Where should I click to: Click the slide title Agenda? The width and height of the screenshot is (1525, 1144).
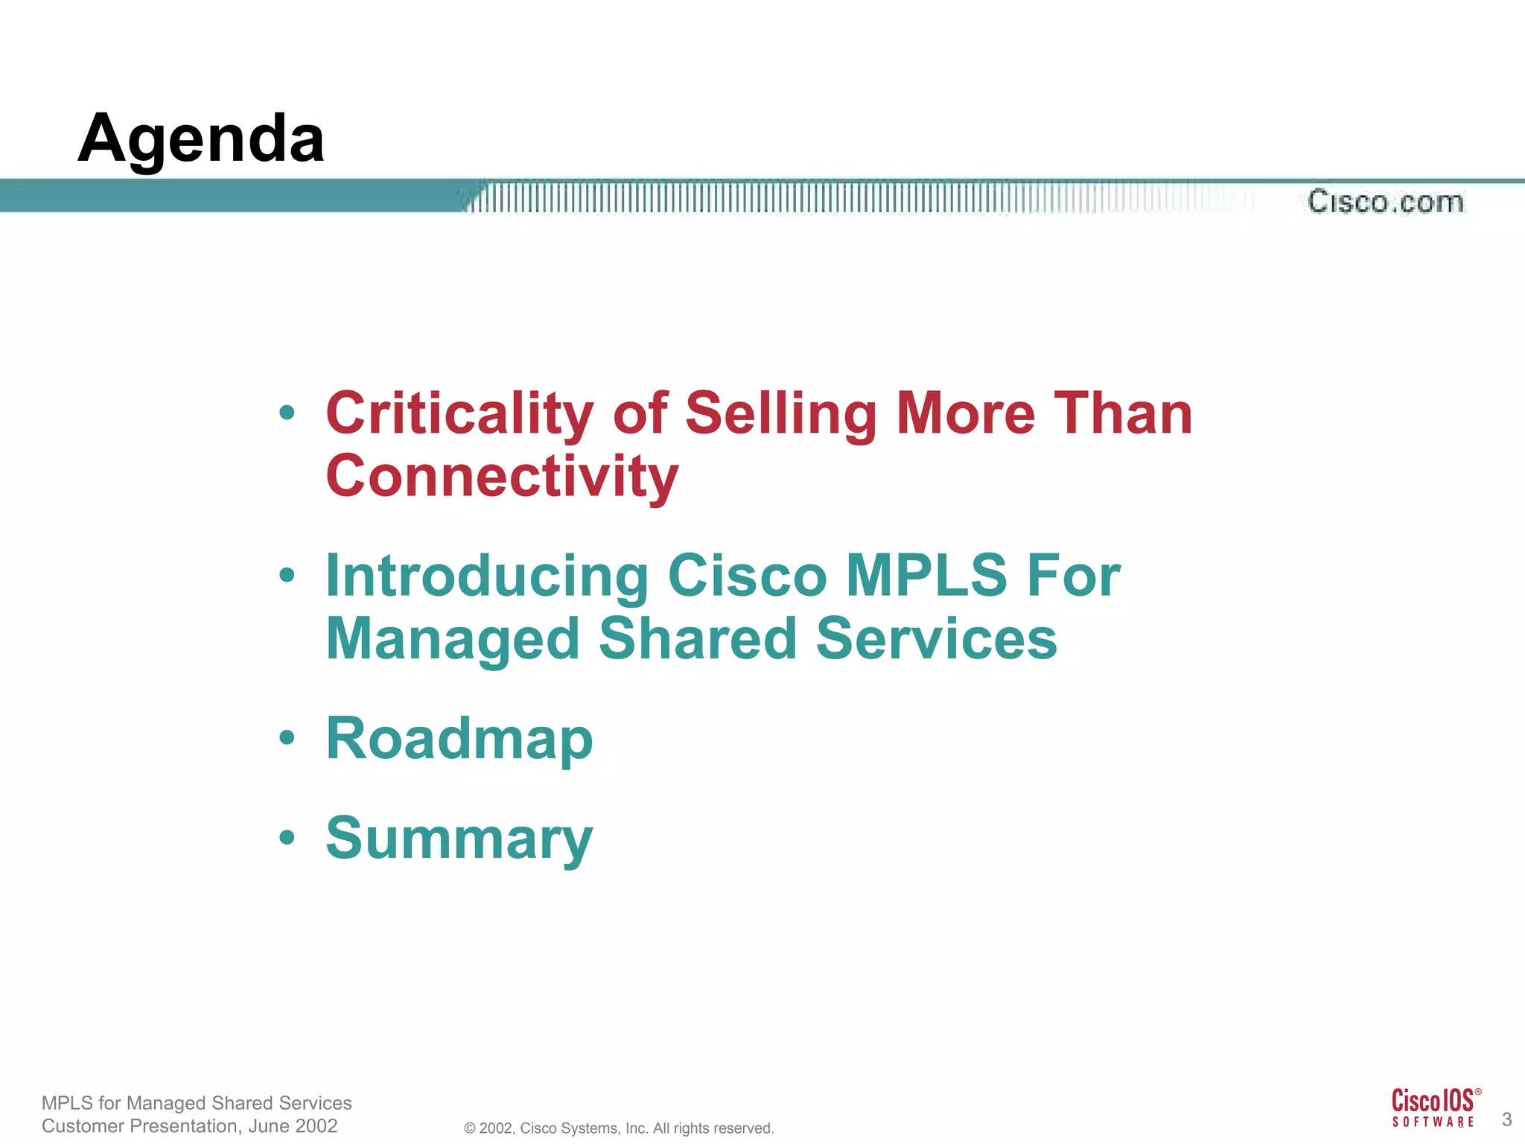pos(201,139)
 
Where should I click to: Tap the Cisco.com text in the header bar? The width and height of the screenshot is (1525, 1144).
pos(1386,202)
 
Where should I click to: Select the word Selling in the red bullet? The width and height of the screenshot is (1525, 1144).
pos(781,414)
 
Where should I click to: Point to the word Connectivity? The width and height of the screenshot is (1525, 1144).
pos(502,477)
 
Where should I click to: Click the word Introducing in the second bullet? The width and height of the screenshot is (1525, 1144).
pos(488,576)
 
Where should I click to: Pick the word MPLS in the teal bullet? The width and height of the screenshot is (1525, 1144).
pos(926,576)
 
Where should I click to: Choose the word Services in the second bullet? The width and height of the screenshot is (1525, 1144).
pos(936,639)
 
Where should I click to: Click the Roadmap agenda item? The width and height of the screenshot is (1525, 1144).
pos(459,739)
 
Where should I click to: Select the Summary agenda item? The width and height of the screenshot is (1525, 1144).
pos(459,839)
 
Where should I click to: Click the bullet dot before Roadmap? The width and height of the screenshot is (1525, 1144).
pos(287,738)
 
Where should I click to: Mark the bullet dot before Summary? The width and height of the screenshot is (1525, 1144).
pos(287,838)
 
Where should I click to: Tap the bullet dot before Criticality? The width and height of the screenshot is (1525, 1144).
pos(287,413)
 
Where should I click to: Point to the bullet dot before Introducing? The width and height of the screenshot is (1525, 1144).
pos(287,575)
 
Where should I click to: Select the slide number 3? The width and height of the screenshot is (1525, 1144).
pos(1506,1119)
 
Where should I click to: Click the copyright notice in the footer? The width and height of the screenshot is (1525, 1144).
pos(619,1128)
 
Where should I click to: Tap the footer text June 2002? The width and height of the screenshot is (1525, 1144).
pos(293,1126)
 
